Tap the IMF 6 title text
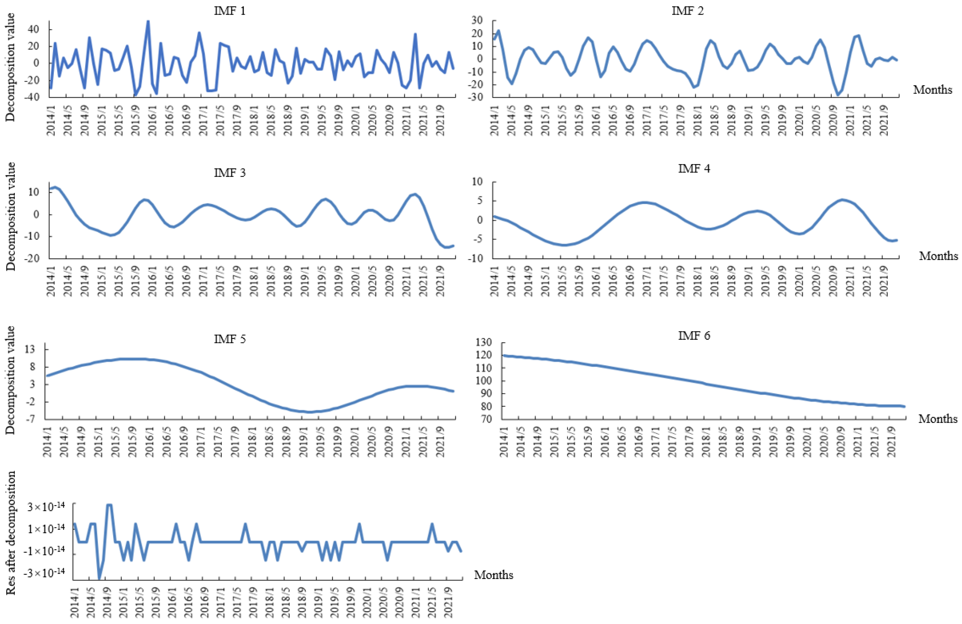point(693,335)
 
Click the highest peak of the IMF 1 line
point(148,21)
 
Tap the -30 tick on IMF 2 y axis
point(475,97)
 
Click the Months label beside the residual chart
point(493,575)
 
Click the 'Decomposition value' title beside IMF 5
point(11,380)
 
